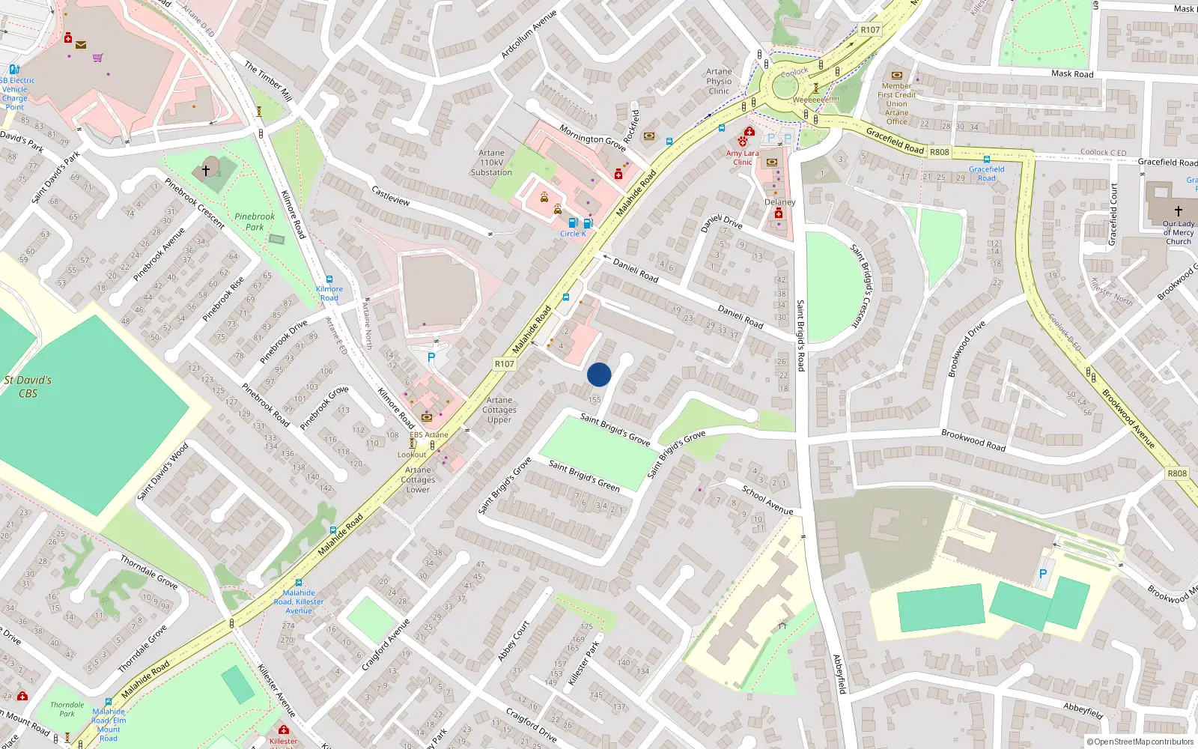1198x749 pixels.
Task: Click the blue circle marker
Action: [599, 374]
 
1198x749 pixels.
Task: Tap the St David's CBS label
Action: [28, 386]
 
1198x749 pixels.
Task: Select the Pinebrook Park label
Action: [255, 222]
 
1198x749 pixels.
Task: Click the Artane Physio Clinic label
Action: [719, 81]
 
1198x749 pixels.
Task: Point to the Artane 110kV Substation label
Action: [491, 163]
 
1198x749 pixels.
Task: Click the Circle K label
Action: [573, 234]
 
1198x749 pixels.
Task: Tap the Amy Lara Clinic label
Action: [742, 157]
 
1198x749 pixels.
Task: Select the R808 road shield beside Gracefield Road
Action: [939, 152]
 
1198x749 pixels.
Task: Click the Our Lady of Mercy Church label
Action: [1179, 232]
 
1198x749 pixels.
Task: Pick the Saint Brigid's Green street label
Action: [584, 476]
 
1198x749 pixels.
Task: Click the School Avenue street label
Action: [767, 500]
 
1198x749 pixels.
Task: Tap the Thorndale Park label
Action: [67, 709]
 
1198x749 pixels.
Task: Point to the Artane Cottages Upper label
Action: [499, 410]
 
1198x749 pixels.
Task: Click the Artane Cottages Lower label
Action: [418, 479]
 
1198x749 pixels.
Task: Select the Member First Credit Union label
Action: [897, 103]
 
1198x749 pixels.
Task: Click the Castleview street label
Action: [391, 196]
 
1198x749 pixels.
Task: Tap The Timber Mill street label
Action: [268, 81]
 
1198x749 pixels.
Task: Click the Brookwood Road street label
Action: [973, 440]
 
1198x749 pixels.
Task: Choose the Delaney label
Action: [780, 202]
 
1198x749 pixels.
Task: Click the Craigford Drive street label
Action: [532, 724]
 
